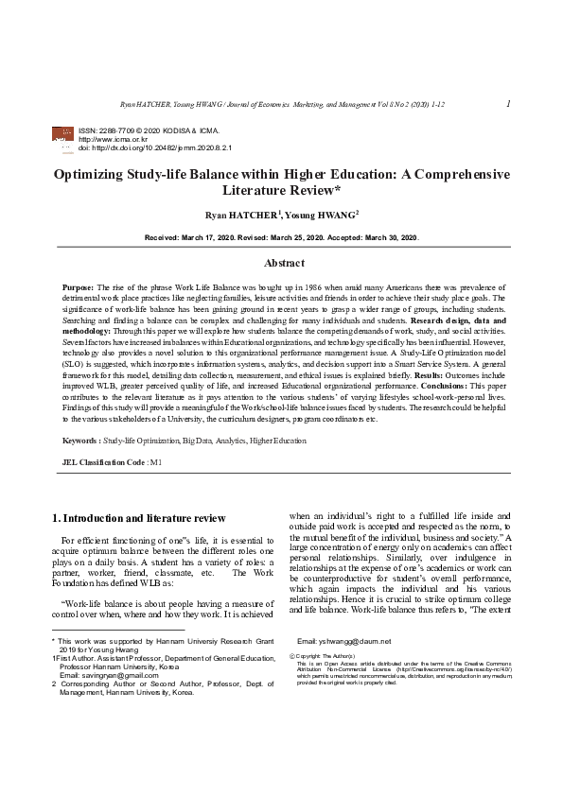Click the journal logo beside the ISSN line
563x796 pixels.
(65, 137)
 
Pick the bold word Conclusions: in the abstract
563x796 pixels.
(387, 385)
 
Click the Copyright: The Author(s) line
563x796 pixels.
(326, 655)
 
